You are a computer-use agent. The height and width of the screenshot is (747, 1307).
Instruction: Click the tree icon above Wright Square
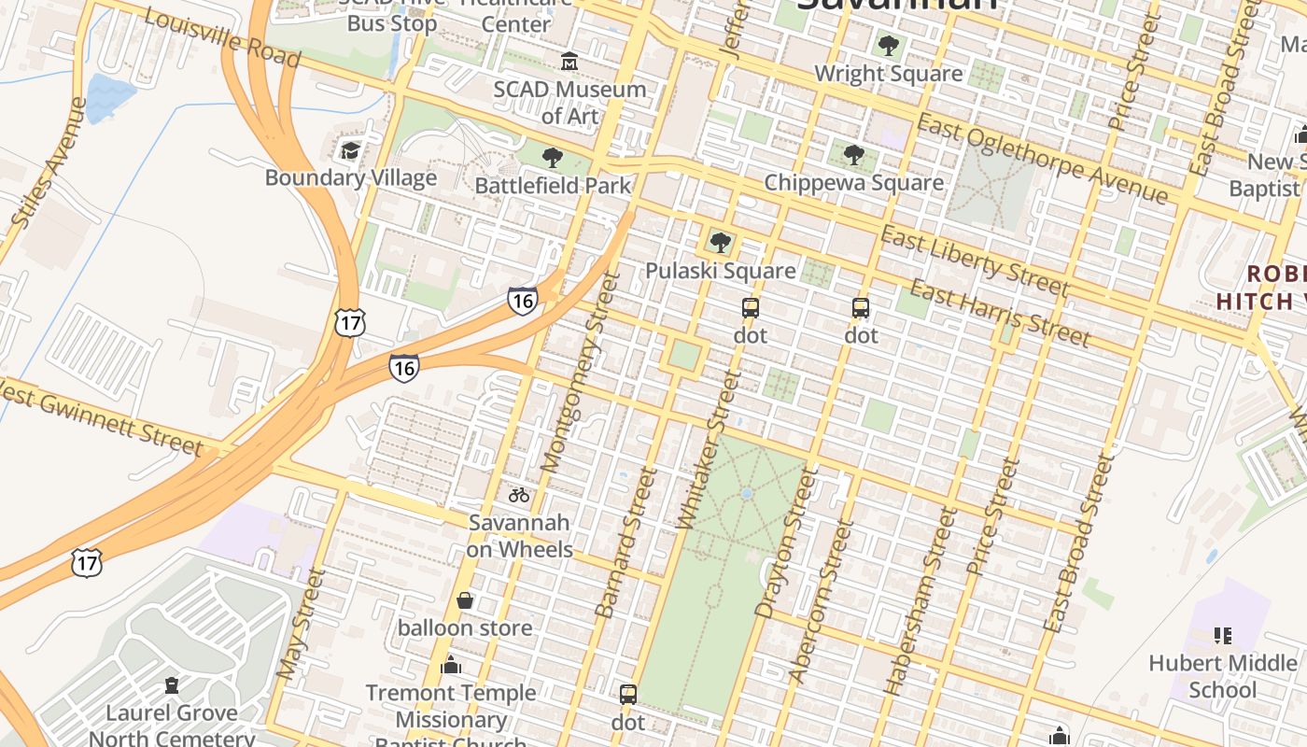point(888,45)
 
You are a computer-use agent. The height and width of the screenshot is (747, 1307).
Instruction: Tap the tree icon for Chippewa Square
point(853,155)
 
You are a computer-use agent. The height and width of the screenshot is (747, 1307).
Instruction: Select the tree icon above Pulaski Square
point(720,243)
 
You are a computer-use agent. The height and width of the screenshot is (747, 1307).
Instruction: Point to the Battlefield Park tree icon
point(553,157)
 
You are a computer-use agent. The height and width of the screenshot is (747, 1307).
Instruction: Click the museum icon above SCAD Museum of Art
point(569,62)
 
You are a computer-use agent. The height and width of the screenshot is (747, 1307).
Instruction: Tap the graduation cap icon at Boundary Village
point(350,150)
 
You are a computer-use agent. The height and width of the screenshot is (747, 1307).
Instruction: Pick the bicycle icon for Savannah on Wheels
point(519,495)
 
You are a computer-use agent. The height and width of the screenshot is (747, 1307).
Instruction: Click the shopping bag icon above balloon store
point(465,600)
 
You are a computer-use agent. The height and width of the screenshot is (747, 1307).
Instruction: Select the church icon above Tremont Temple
point(451,665)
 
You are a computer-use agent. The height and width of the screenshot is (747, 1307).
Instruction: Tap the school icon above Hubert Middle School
point(1223,636)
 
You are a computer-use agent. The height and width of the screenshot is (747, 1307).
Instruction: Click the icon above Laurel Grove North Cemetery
point(172,686)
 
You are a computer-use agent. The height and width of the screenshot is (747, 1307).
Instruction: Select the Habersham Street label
point(921,601)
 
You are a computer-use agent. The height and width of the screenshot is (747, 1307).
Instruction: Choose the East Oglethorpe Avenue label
point(1041,158)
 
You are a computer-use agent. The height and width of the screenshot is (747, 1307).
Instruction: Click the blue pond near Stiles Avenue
point(109,96)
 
